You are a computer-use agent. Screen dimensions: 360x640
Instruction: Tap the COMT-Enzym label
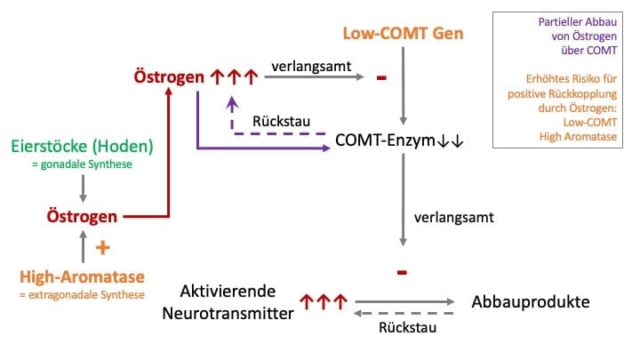click(x=399, y=141)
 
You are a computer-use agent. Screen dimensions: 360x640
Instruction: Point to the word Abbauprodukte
click(x=531, y=301)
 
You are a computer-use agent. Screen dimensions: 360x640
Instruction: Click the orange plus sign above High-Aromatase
click(x=100, y=249)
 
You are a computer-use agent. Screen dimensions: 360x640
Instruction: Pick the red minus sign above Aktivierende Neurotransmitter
click(x=403, y=269)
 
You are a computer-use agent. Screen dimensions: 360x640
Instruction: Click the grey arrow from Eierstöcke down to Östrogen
click(x=83, y=187)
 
